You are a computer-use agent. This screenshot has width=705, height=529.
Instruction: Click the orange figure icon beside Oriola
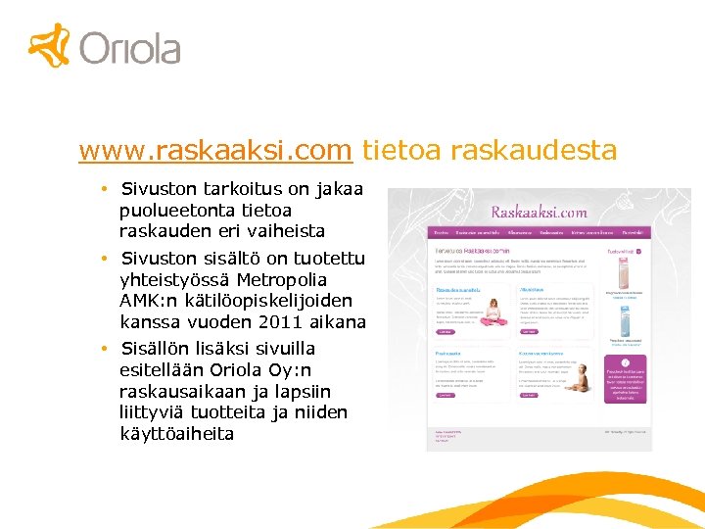click(50, 44)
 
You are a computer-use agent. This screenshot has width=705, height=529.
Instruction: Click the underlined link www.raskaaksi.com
click(215, 151)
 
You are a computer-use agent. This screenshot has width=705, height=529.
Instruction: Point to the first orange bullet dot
click(103, 188)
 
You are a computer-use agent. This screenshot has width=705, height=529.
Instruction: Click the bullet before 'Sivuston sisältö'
click(103, 259)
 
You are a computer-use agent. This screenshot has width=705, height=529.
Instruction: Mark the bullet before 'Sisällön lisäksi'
click(103, 349)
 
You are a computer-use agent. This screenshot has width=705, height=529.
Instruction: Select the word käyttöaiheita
click(176, 433)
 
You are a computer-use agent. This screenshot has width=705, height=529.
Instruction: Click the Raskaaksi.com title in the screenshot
click(539, 212)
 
